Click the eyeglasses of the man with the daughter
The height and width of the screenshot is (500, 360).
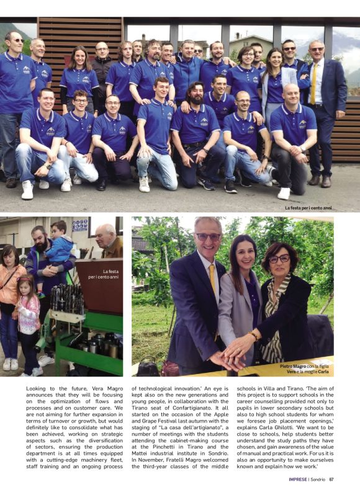(x=208, y=237)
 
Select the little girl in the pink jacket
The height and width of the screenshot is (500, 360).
(x=29, y=310)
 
